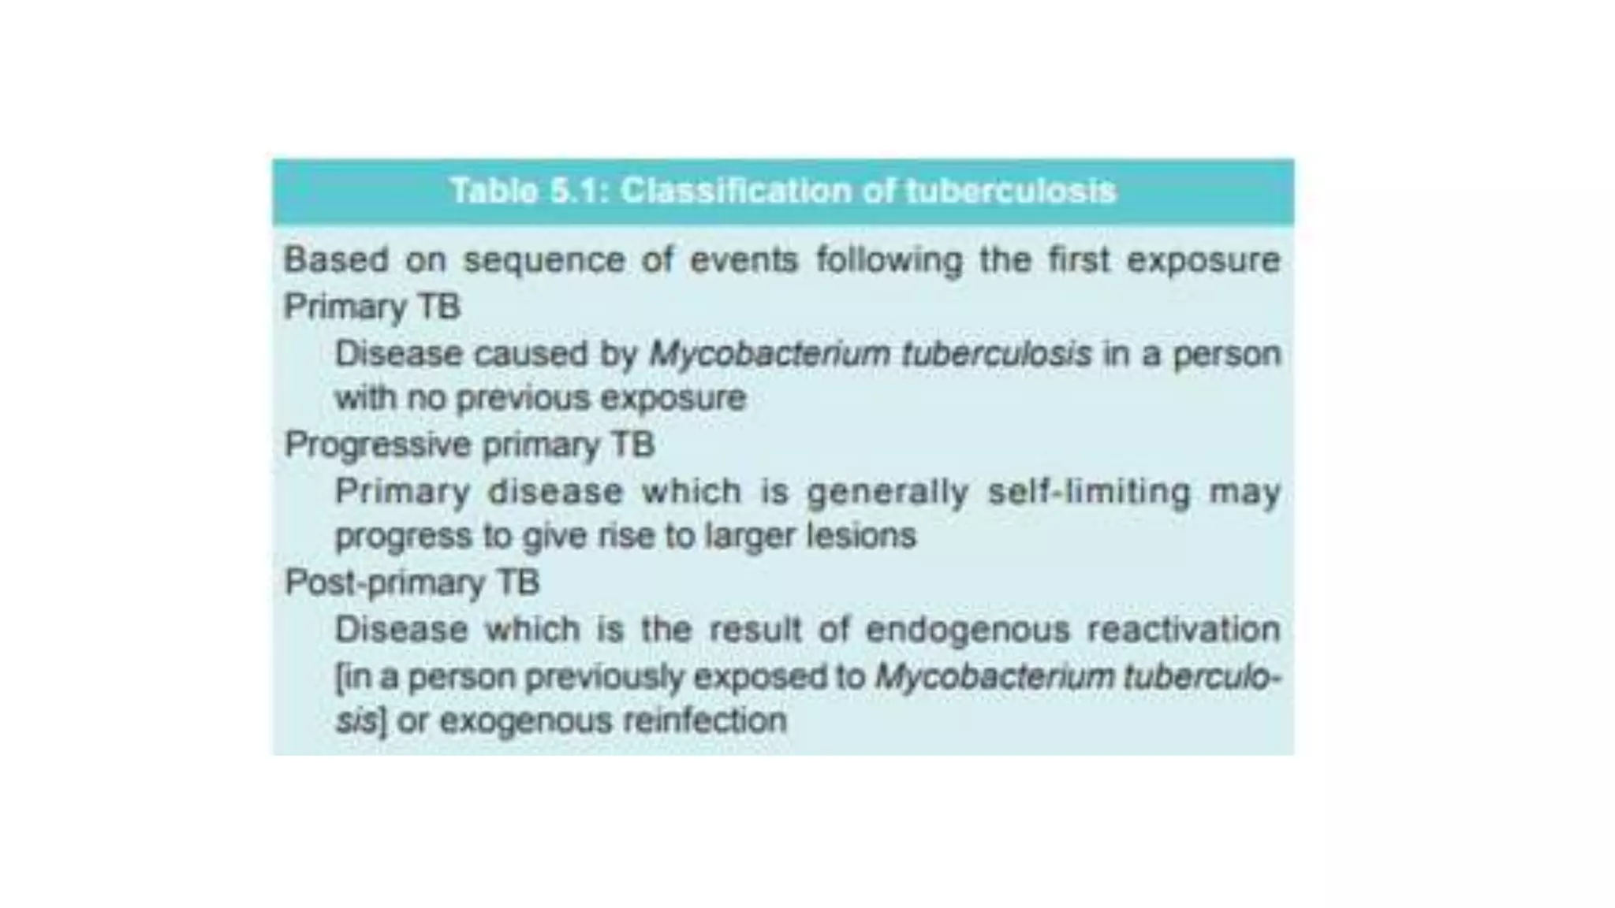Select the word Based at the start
tap(336, 259)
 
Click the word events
tap(744, 259)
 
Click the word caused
tap(530, 354)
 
